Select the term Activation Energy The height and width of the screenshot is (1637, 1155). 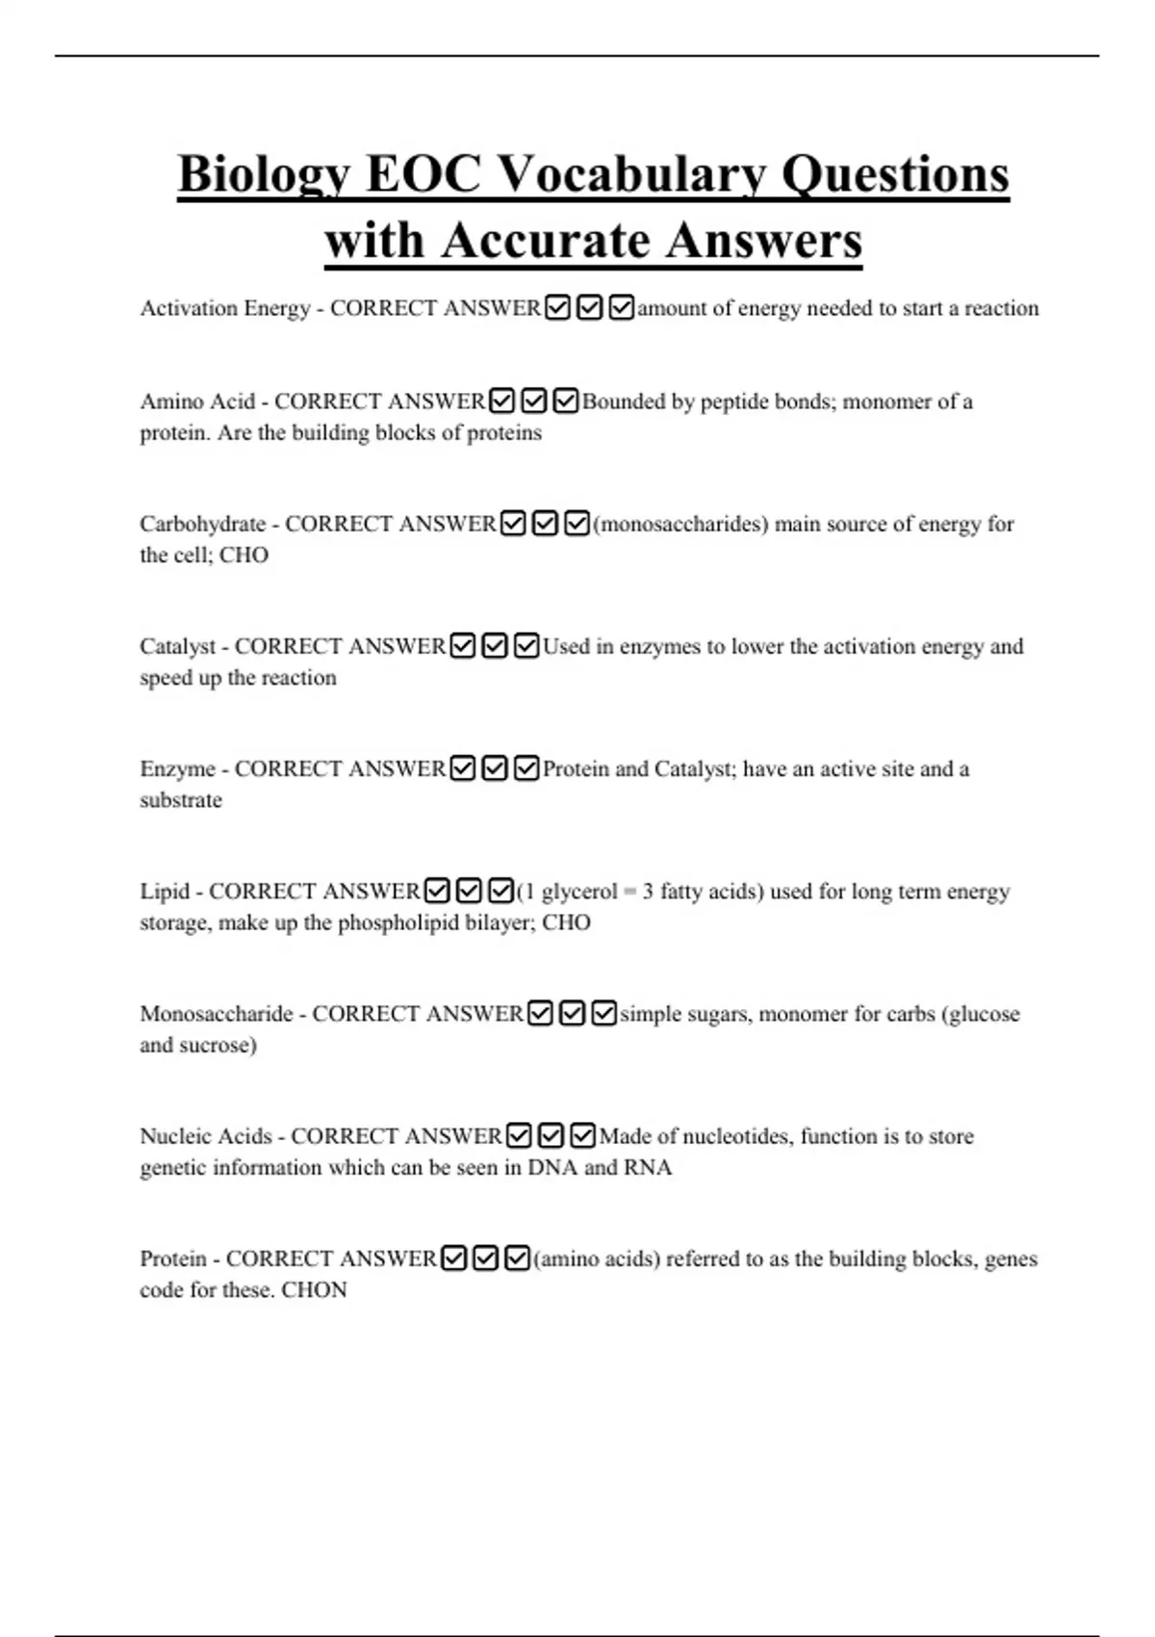pyautogui.click(x=225, y=308)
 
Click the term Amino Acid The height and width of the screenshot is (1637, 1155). pyautogui.click(x=197, y=402)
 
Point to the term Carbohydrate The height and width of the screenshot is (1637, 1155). pyautogui.click(x=202, y=524)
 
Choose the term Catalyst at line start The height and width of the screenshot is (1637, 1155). pyautogui.click(x=178, y=646)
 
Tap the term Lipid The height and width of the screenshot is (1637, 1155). pyautogui.click(x=165, y=891)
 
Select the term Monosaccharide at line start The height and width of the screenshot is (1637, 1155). pyautogui.click(x=217, y=1013)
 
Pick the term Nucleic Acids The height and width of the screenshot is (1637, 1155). pyautogui.click(x=206, y=1136)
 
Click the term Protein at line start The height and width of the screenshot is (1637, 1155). pyautogui.click(x=173, y=1259)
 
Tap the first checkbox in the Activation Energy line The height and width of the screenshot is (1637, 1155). pyautogui.click(x=557, y=308)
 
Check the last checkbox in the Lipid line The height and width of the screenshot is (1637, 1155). pyautogui.click(x=500, y=891)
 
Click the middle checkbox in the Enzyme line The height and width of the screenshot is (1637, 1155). pyautogui.click(x=495, y=768)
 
